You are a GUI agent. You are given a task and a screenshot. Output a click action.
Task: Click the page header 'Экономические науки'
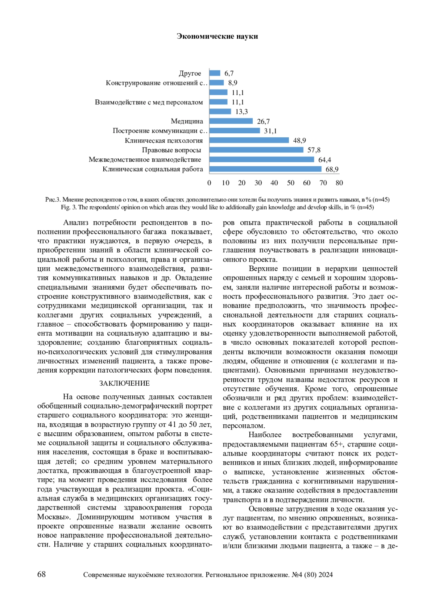click(217, 36)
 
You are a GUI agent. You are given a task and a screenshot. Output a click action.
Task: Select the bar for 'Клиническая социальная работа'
click(265, 169)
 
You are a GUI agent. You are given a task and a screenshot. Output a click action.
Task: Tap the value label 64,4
click(324, 160)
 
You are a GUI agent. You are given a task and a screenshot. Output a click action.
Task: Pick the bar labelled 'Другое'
click(215, 73)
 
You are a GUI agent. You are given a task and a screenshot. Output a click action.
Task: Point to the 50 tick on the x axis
click(291, 183)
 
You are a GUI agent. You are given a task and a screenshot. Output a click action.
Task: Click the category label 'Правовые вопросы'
click(171, 150)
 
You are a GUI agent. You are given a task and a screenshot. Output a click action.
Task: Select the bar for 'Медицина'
click(231, 121)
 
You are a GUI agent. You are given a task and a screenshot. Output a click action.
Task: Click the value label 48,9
click(299, 141)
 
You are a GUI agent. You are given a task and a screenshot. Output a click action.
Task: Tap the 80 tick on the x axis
click(339, 183)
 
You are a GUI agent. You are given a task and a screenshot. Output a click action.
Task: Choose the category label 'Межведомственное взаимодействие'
click(145, 159)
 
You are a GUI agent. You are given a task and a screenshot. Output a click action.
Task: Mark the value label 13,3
click(241, 112)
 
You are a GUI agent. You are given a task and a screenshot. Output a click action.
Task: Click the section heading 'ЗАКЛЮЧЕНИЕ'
click(124, 383)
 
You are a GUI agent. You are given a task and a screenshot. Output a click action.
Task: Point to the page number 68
click(42, 574)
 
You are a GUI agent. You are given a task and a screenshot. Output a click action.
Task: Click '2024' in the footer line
click(326, 575)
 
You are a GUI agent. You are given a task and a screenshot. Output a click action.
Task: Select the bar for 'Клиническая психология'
click(249, 140)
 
